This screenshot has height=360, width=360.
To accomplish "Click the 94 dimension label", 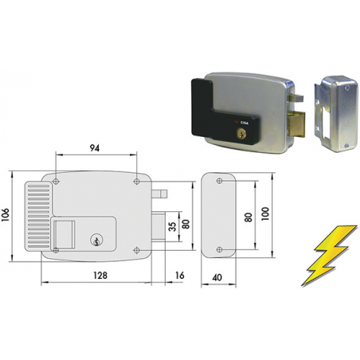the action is (95, 148).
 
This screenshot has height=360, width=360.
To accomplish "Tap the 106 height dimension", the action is (6, 214).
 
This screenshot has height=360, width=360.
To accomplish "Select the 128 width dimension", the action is (100, 276).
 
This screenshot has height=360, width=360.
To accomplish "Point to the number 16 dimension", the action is (180, 276).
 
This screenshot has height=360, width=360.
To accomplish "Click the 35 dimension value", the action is (173, 226).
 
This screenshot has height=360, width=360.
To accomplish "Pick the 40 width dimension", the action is (217, 277).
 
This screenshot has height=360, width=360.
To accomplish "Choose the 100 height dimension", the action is (265, 213).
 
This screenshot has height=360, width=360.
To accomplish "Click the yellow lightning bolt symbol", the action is (329, 256).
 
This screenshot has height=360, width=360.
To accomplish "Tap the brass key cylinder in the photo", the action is (241, 133).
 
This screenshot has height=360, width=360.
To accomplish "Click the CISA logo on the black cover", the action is (242, 123).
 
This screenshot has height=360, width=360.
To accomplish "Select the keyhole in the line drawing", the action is (96, 240).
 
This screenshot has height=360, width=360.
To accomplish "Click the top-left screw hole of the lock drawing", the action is (56, 182).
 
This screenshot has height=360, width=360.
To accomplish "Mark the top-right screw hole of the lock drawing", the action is (137, 182).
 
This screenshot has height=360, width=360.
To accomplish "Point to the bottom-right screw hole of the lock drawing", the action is (137, 250).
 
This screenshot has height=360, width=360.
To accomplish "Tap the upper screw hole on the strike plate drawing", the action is (219, 181).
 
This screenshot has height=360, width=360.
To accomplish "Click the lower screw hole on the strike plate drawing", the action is (219, 249).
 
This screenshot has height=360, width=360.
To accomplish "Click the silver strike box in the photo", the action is (337, 114).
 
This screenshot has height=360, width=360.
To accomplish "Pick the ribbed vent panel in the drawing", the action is (39, 216).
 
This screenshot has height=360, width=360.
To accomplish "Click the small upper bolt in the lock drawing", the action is (159, 194).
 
